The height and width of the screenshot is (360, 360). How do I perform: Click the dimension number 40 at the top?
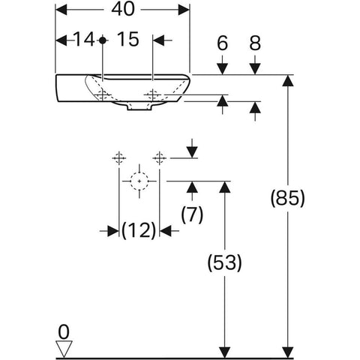123,10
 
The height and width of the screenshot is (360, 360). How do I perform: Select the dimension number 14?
84,40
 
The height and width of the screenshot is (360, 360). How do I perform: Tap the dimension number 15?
127,40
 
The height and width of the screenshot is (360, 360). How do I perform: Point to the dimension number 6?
222,43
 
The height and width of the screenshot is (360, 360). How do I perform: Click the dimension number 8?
255,43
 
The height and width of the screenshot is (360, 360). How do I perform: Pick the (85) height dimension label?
288,198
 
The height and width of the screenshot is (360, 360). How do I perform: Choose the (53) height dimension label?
225,262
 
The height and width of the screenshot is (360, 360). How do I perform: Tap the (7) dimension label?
192,214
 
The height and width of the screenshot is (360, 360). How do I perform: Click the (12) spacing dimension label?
139,230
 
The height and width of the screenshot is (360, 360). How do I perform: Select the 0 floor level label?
64,332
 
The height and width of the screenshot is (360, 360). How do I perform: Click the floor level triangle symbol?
64,349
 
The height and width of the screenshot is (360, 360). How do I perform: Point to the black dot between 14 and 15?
103,40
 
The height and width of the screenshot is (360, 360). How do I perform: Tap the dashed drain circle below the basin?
139,181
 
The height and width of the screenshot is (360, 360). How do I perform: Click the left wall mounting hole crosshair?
119,158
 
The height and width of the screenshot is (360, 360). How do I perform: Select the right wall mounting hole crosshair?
160,158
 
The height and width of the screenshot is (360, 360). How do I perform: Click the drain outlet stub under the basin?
139,107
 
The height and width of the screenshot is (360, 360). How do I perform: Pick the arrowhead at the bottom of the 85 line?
288,352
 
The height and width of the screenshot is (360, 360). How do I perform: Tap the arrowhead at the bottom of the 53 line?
225,352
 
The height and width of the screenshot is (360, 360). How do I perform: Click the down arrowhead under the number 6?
222,69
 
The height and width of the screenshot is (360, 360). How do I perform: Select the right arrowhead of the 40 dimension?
184,10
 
